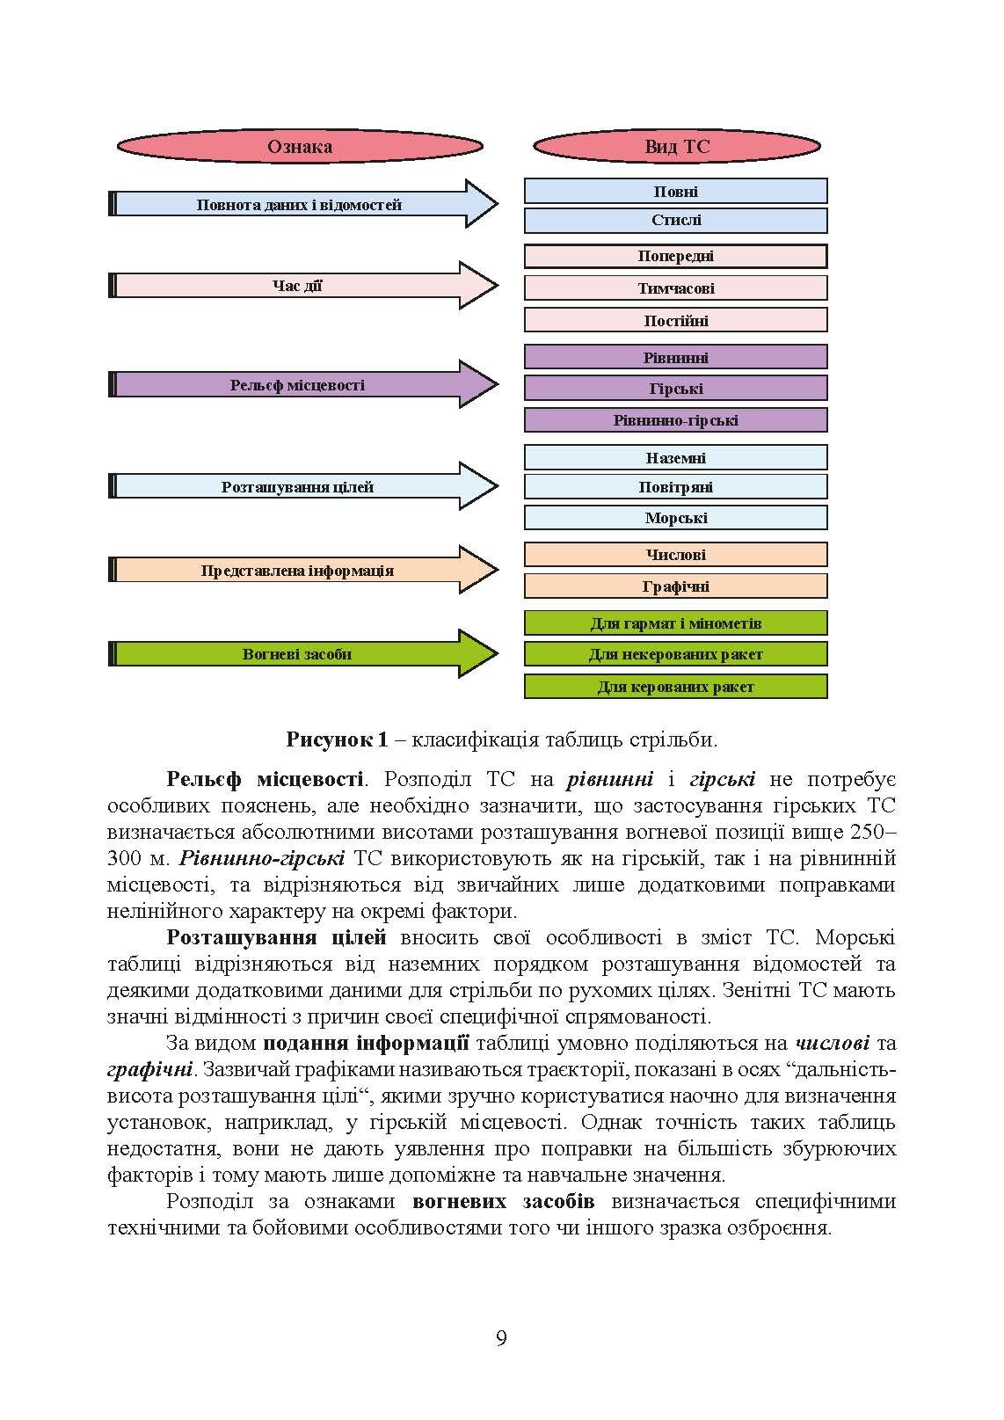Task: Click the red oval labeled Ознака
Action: point(300,146)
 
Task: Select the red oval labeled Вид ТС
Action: point(676,146)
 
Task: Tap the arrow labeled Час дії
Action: point(299,286)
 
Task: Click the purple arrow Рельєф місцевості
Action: point(299,385)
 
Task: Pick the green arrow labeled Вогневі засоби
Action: point(299,654)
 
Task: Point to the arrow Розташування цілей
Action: point(299,486)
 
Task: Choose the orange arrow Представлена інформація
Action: point(299,571)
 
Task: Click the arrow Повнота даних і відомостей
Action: point(299,205)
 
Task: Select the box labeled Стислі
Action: point(676,220)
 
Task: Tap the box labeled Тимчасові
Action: point(676,288)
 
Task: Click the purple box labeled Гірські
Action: point(676,389)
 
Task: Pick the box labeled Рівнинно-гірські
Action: point(676,420)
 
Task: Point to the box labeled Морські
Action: point(676,518)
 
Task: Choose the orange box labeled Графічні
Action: point(676,586)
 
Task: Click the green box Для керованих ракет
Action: point(676,687)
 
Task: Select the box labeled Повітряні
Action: point(676,487)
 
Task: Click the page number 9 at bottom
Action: point(501,1340)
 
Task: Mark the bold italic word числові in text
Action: point(832,1044)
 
